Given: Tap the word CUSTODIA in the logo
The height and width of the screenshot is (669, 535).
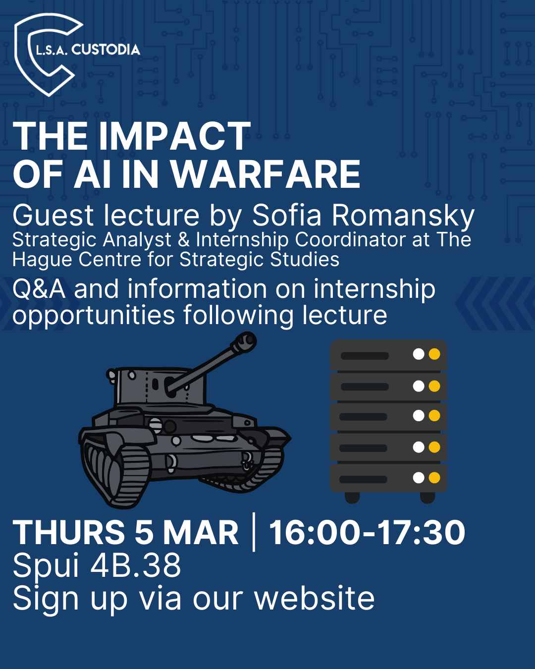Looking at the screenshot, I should [106, 50].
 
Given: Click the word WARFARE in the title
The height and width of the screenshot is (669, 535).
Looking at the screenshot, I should [266, 174].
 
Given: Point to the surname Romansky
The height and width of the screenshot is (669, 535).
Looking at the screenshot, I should [403, 216].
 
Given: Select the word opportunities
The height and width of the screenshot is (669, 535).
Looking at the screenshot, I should [94, 316].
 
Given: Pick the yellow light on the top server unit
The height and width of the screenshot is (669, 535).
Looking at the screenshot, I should [434, 354].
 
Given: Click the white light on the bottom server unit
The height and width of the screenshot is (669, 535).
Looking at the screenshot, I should [419, 478].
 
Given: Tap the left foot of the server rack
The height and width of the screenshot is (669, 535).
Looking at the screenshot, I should [352, 497].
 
